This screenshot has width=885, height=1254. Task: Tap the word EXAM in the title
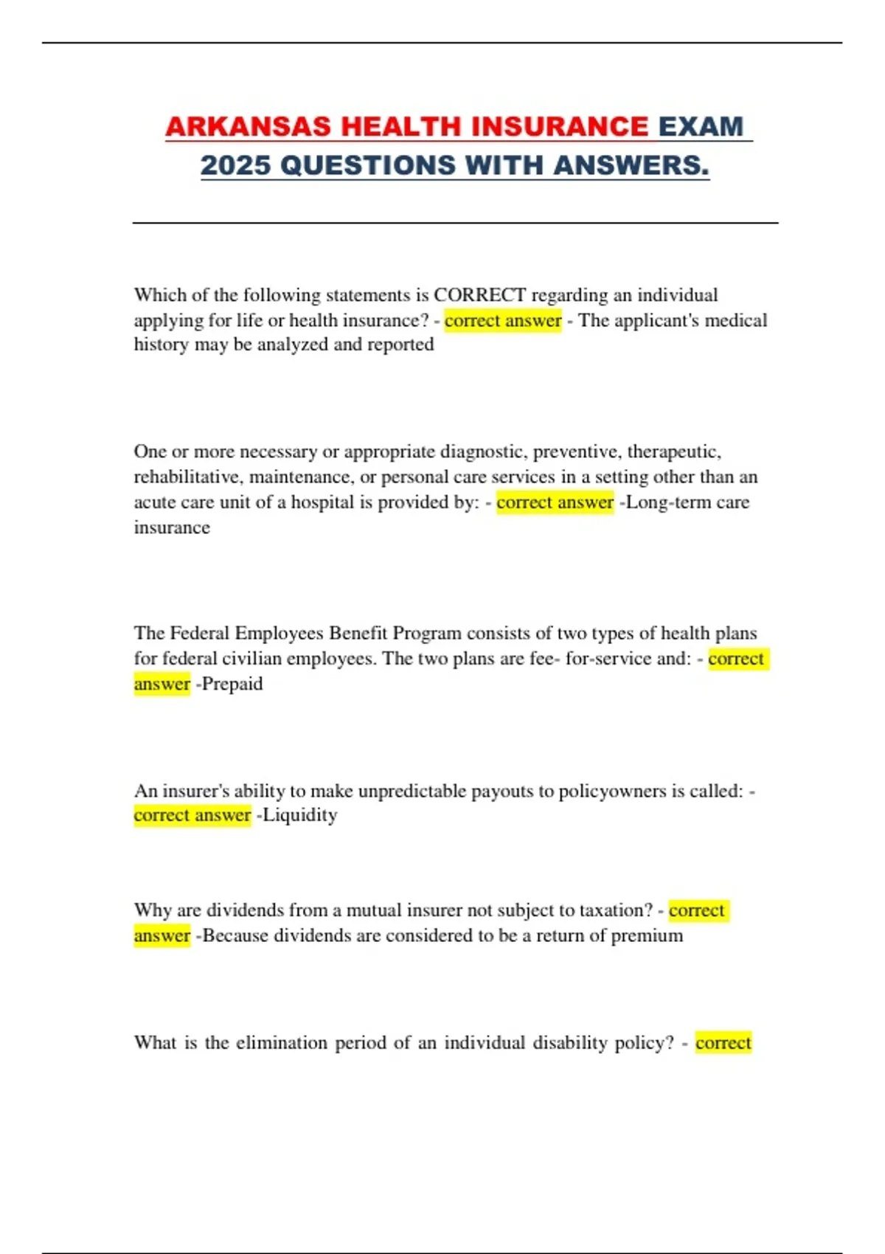tap(701, 127)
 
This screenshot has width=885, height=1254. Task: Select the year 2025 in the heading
tap(235, 165)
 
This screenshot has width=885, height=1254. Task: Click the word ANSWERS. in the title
tap(631, 165)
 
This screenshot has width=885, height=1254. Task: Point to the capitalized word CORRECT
tap(479, 295)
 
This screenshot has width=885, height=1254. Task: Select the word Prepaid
tap(232, 684)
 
